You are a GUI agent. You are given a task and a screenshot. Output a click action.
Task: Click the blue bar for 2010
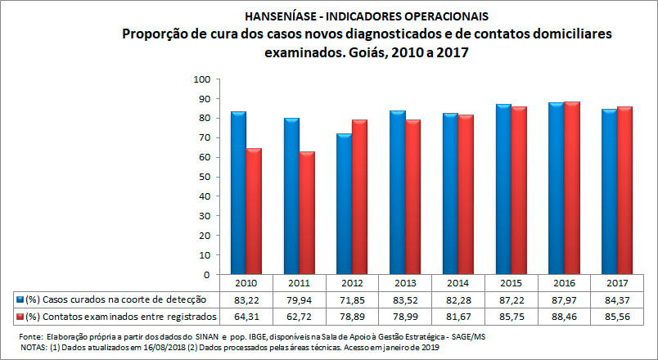click(x=238, y=192)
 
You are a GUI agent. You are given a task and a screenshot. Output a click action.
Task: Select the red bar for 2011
click(x=306, y=213)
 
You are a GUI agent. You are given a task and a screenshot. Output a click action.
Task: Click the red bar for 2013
click(x=412, y=196)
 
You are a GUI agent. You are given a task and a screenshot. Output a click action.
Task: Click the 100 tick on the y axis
click(x=201, y=79)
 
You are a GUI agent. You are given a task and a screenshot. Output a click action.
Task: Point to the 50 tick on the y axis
click(x=204, y=177)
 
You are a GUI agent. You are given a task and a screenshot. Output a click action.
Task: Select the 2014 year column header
click(x=457, y=284)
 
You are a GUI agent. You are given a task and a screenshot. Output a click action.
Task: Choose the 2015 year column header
click(x=510, y=284)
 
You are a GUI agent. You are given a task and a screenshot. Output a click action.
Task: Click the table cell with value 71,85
click(x=352, y=299)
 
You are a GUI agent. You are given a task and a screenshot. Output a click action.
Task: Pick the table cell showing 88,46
click(x=563, y=316)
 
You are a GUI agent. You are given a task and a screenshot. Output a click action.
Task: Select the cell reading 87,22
click(x=510, y=299)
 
